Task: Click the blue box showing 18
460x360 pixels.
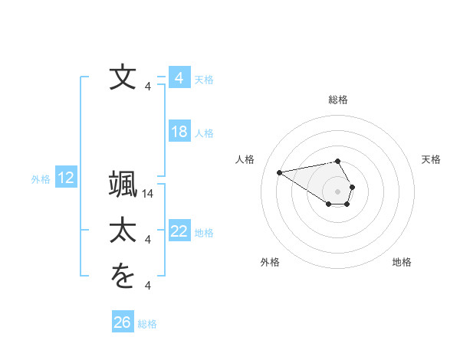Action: [x=179, y=132]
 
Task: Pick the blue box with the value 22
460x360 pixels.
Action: [x=179, y=231]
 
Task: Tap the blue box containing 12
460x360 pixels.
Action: [x=65, y=178]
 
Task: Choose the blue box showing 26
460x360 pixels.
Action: [x=123, y=322]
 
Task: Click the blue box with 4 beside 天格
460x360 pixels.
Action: [x=179, y=78]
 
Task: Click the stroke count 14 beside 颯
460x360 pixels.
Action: [x=148, y=195]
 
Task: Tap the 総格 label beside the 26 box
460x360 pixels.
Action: [x=147, y=324]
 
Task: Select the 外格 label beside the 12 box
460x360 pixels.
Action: [x=41, y=179]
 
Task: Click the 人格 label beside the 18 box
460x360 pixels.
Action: [x=204, y=133]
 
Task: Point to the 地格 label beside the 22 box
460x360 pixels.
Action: [x=204, y=233]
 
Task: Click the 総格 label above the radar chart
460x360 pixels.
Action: [x=338, y=100]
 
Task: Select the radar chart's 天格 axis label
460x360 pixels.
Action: [x=431, y=159]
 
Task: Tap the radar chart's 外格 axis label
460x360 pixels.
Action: [x=269, y=262]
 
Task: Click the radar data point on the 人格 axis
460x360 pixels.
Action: [x=279, y=172]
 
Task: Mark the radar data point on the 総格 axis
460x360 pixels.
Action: [x=338, y=161]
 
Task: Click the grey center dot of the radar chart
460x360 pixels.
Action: [x=338, y=191]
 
